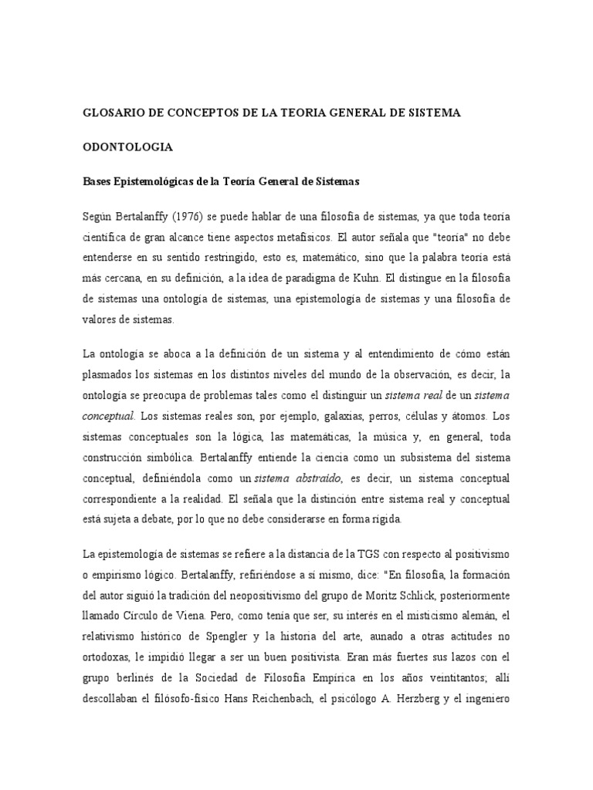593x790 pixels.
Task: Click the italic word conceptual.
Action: [x=109, y=416]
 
